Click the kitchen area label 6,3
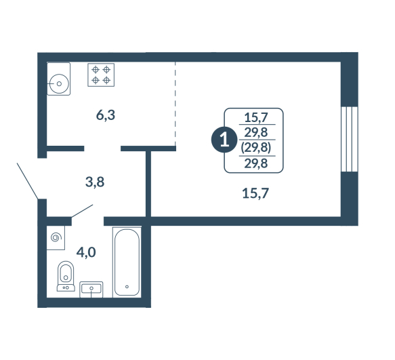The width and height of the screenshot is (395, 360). coord(106,115)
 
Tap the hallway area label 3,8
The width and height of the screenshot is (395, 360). coord(95,182)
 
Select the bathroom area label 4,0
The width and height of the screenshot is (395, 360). coord(86,252)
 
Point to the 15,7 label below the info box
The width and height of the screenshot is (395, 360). coord(255,193)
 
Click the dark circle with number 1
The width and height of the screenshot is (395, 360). coord(224,140)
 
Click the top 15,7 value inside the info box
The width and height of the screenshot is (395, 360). coord(256,117)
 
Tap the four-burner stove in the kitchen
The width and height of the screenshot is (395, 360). coord(101,75)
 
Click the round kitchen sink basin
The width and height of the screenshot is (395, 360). coord(59,83)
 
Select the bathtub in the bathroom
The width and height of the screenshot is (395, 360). coord(127,262)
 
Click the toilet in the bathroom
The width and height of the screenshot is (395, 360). coord(66,276)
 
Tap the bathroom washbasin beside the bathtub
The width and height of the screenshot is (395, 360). coord(91,289)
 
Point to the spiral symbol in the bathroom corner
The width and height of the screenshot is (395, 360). coord(56,237)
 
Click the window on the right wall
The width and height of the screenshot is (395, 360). coord(350,139)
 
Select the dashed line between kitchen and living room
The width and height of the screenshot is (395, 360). coord(175,104)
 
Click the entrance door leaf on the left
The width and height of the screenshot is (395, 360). coord(28,181)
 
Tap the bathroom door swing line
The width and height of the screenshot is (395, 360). coord(83,211)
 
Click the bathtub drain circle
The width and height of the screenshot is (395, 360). coord(127,287)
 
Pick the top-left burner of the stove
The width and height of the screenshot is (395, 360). coord(96,69)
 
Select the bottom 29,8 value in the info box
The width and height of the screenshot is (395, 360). coord(256,163)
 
